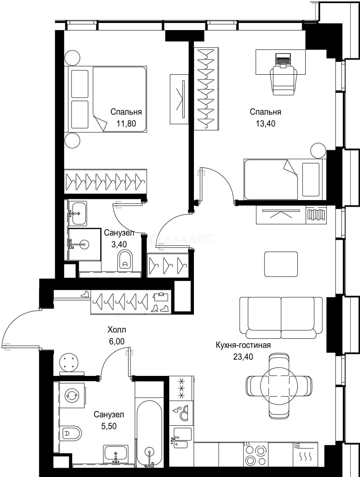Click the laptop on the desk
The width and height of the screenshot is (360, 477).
(283, 59)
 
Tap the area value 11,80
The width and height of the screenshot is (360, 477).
(126, 124)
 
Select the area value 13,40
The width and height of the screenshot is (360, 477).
(265, 124)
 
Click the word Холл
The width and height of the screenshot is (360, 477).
(117, 329)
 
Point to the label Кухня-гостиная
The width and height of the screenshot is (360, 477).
(243, 345)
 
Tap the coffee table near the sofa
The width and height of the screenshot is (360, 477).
(281, 264)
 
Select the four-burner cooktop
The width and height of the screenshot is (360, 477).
(255, 456)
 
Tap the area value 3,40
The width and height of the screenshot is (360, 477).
(119, 244)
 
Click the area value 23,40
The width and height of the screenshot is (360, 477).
(243, 356)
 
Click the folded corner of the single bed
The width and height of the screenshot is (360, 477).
(290, 168)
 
